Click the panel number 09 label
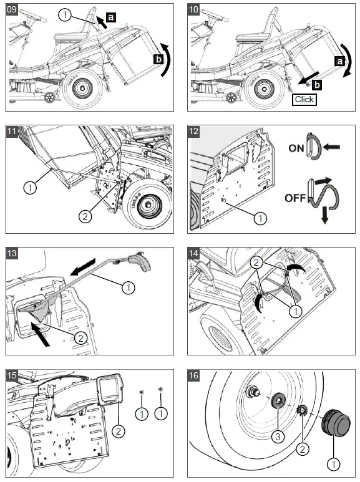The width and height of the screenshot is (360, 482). tap(12, 9)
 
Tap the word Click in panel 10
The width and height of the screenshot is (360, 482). tap(304, 99)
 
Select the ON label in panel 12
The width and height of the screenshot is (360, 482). tap(296, 148)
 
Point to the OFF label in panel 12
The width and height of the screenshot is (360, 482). tap(295, 198)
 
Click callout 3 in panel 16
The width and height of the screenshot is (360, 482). tap(278, 436)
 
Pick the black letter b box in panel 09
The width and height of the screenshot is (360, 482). tap(158, 59)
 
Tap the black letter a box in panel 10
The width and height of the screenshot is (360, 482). tap(339, 61)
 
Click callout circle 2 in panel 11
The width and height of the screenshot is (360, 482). tap(85, 217)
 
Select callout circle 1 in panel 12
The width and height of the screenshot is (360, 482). tap(260, 218)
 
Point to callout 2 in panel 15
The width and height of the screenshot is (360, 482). tap(119, 431)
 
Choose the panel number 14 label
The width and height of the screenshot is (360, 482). tap(193, 253)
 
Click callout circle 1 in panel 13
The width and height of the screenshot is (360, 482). tap(129, 287)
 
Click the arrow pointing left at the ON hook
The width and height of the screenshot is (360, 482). tap(331, 147)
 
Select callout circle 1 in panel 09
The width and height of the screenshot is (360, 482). tap(65, 15)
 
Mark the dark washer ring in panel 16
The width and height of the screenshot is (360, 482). tap(278, 400)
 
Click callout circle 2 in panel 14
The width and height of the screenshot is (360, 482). tap(256, 263)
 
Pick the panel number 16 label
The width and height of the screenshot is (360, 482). tap(193, 375)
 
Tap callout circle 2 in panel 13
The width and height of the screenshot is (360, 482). tap(80, 338)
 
